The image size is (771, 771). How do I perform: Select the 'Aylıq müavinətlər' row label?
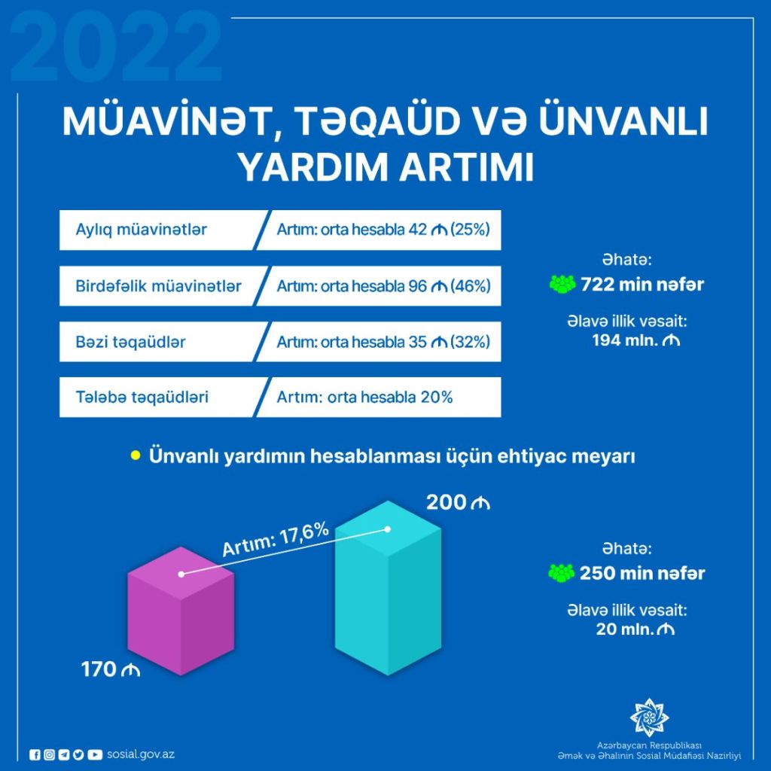[x=141, y=230]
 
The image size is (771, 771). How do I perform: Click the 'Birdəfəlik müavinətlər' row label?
[x=158, y=285]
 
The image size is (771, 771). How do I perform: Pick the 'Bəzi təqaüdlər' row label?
[x=130, y=342]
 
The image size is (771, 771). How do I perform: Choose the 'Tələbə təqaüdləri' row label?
[x=142, y=398]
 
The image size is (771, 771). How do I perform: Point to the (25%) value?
[x=470, y=230]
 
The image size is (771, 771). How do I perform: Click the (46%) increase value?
[x=471, y=285]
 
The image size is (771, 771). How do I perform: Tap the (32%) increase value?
[x=470, y=342]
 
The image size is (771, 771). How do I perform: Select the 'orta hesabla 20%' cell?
[x=390, y=398]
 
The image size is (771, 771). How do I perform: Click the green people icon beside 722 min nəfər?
[x=562, y=284]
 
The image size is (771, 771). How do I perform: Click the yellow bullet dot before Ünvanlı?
[x=136, y=456]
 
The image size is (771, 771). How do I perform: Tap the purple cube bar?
[x=181, y=611]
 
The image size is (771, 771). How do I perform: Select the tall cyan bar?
[x=388, y=588]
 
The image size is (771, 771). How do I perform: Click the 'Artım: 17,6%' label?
[x=276, y=540]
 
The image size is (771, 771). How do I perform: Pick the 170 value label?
[x=110, y=669]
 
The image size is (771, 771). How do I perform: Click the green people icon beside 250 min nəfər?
[x=562, y=573]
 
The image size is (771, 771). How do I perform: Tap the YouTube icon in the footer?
[x=94, y=754]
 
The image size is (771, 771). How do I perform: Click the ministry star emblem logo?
[x=649, y=718]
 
